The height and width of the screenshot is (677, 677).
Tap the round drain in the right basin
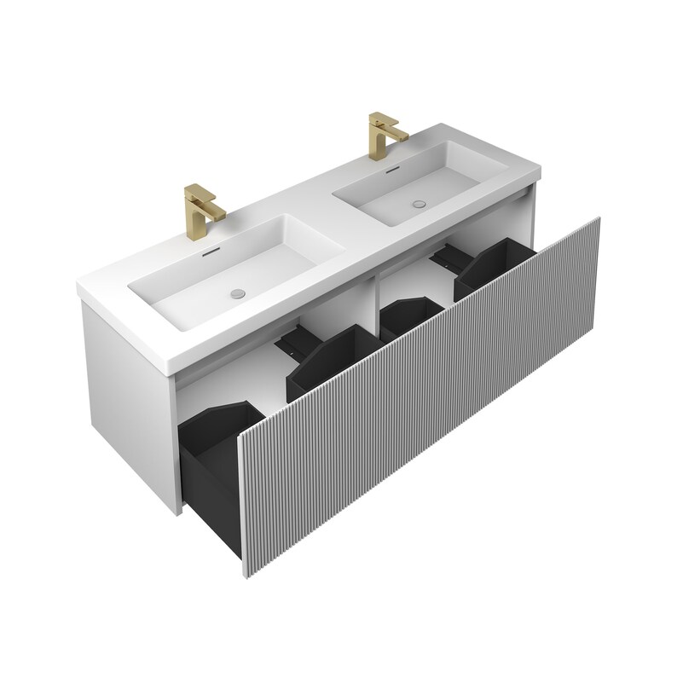point(418,205)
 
